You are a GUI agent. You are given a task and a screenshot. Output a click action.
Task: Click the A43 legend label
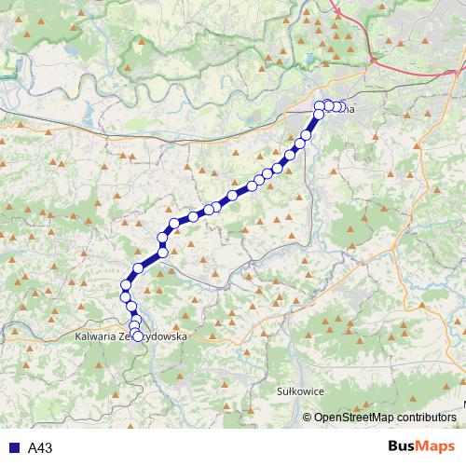(x=39, y=448)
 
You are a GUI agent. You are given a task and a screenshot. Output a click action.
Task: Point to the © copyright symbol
(x=308, y=418)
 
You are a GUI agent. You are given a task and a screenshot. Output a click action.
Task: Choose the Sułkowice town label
(x=301, y=392)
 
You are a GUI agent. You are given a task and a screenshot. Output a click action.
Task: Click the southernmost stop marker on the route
(x=139, y=336)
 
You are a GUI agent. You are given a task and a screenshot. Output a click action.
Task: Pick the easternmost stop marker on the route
(x=340, y=106)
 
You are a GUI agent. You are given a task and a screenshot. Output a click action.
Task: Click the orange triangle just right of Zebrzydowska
(x=199, y=332)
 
